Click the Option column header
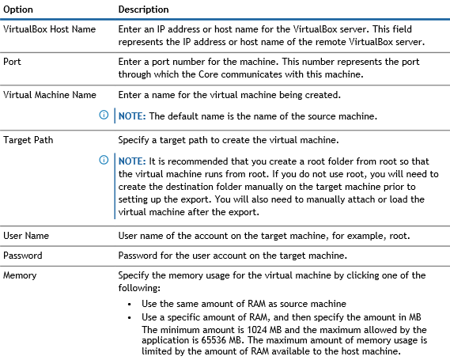coord(18,9)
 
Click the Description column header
coord(143,9)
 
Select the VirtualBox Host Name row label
coord(49,29)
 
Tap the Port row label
coord(12,62)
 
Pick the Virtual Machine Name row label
coord(50,95)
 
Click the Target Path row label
coord(28,140)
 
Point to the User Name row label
coord(26,236)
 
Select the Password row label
coord(23,256)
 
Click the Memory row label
coord(20,275)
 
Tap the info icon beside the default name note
coord(104,115)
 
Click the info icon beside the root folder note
coord(104,160)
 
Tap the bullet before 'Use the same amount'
coord(130,305)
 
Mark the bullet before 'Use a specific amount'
coord(130,317)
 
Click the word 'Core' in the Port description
coord(209,74)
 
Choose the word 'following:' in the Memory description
coord(139,288)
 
